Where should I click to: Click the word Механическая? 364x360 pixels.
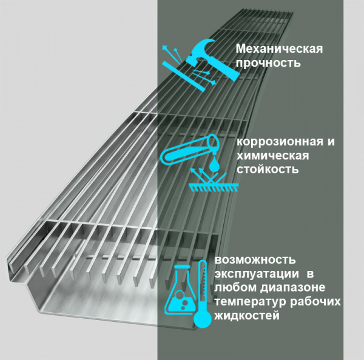click(x=279, y=49)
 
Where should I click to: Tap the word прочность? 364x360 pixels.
click(x=268, y=63)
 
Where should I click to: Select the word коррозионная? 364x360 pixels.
click(x=280, y=142)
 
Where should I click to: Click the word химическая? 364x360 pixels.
click(x=273, y=156)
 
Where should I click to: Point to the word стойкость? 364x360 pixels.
click(x=268, y=170)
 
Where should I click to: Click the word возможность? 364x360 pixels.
click(x=255, y=260)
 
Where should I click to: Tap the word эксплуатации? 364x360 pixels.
click(x=257, y=274)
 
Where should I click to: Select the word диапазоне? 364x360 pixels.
click(x=293, y=288)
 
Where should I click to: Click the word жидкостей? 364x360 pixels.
click(x=247, y=316)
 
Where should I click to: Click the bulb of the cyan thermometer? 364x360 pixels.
click(x=203, y=319)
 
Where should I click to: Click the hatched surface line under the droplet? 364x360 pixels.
click(x=214, y=185)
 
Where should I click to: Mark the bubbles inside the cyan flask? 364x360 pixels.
click(x=182, y=299)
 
